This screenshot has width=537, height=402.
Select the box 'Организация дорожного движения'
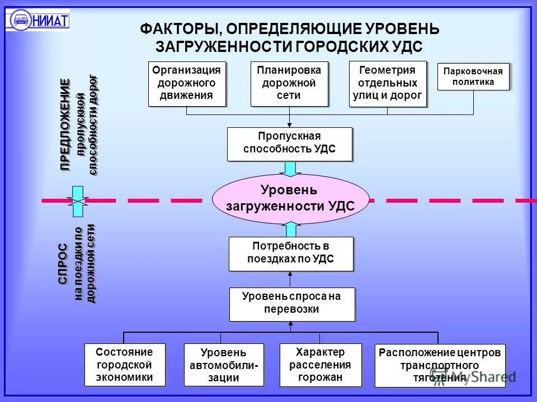pyautogui.click(x=187, y=83)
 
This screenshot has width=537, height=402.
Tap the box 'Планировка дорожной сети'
pyautogui.click(x=289, y=83)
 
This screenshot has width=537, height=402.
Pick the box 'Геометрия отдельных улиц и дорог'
pyautogui.click(x=387, y=83)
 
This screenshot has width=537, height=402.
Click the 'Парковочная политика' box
pyautogui.click(x=473, y=76)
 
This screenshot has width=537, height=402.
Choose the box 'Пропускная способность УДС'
pyautogui.click(x=290, y=143)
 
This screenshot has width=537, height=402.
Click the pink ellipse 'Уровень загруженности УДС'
pyautogui.click(x=290, y=198)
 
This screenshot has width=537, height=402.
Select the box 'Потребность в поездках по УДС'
pyautogui.click(x=291, y=253)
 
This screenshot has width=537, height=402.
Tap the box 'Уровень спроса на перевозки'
pyautogui.click(x=291, y=304)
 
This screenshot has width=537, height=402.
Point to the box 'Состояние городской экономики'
pyautogui.click(x=125, y=364)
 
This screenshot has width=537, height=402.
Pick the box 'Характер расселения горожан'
pyautogui.click(x=319, y=364)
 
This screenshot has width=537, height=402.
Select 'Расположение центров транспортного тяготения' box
pyautogui.click(x=440, y=365)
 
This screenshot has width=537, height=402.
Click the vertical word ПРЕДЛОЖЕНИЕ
pyautogui.click(x=66, y=125)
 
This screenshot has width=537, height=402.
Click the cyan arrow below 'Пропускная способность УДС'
pyautogui.click(x=290, y=169)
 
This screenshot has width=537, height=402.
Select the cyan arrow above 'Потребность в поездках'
pyautogui.click(x=290, y=229)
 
